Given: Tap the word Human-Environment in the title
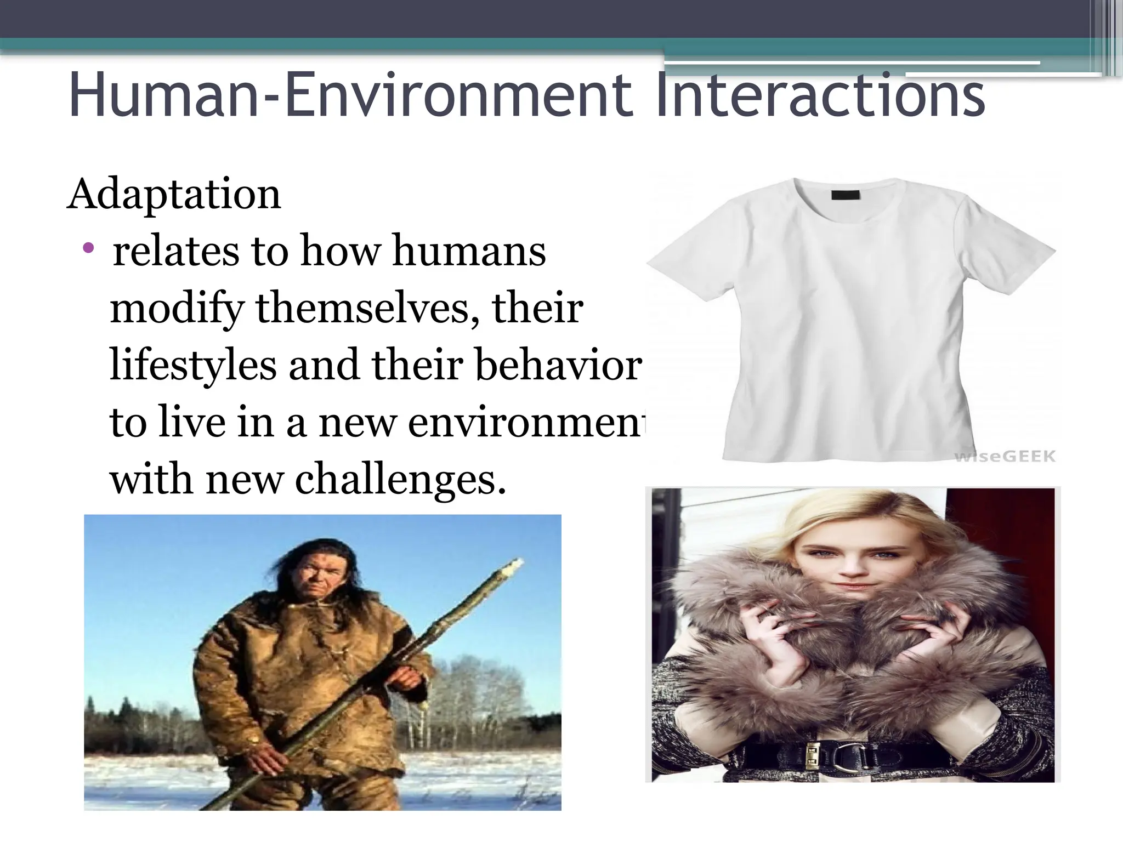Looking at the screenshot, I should tap(351, 96).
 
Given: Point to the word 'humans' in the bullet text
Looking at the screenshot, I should tap(469, 251).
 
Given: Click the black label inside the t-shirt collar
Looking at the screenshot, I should tap(846, 195).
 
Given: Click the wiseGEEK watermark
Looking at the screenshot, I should tap(1005, 456).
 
